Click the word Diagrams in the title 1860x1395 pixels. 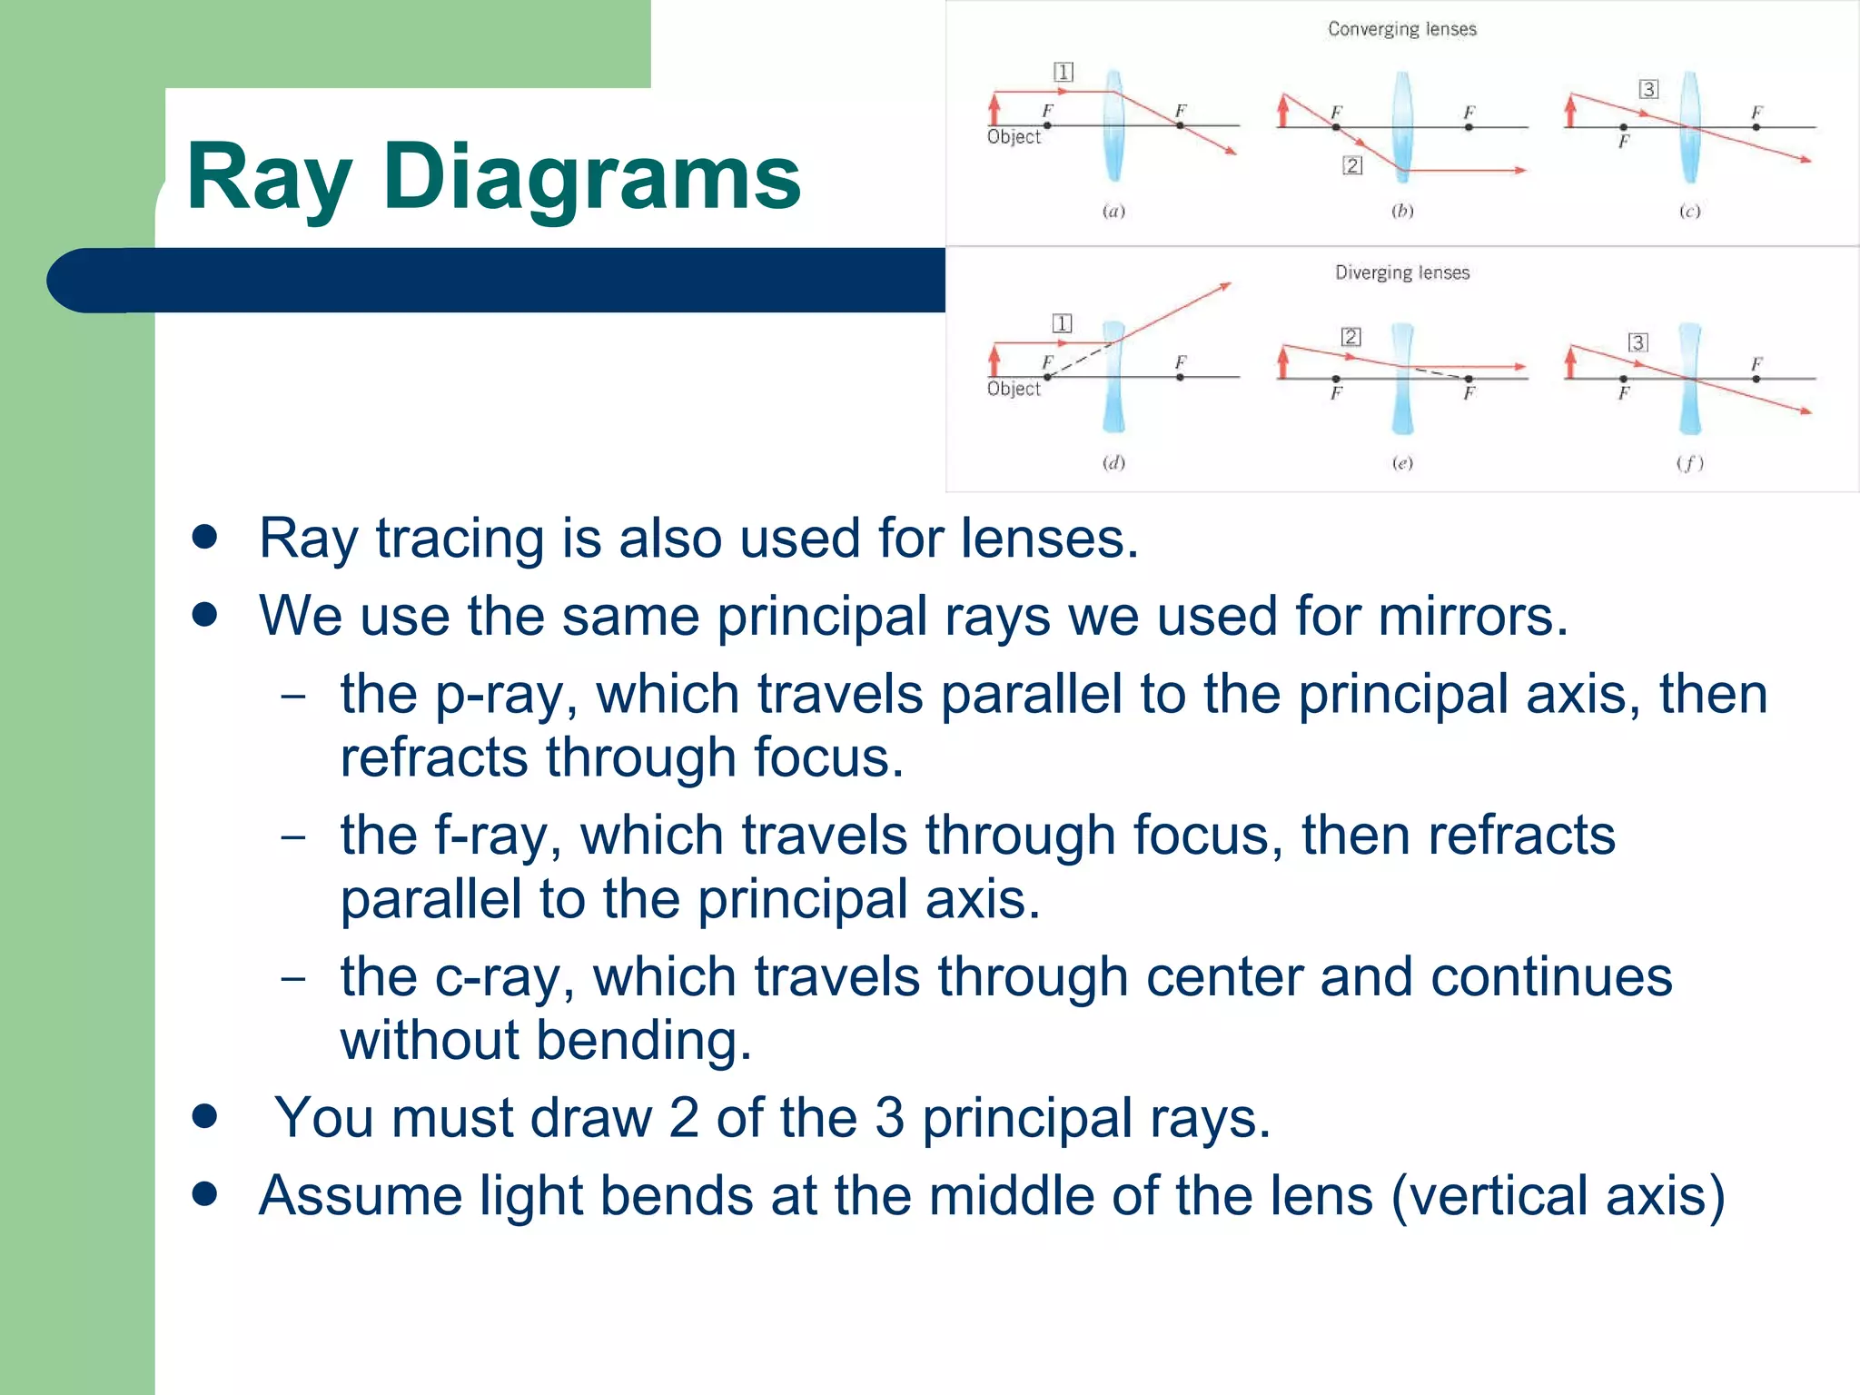pyautogui.click(x=591, y=177)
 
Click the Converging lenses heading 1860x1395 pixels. pyautogui.click(x=1401, y=29)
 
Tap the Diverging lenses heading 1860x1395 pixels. pyautogui.click(x=1401, y=272)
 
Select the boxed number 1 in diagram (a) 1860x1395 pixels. pyautogui.click(x=1063, y=72)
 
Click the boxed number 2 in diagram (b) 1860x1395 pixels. pyautogui.click(x=1352, y=165)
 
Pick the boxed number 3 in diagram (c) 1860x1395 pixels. pyautogui.click(x=1648, y=89)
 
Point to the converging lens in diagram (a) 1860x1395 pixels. pyautogui.click(x=1114, y=126)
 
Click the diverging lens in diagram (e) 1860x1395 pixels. pyautogui.click(x=1402, y=378)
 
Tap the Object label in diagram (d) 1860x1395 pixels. pyautogui.click(x=1014, y=389)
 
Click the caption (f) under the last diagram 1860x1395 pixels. pyautogui.click(x=1689, y=463)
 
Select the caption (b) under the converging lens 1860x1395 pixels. pyautogui.click(x=1402, y=211)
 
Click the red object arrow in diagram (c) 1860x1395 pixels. pyautogui.click(x=1571, y=112)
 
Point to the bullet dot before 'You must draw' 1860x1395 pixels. pyautogui.click(x=205, y=1116)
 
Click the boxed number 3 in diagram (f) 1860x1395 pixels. pyautogui.click(x=1637, y=342)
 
